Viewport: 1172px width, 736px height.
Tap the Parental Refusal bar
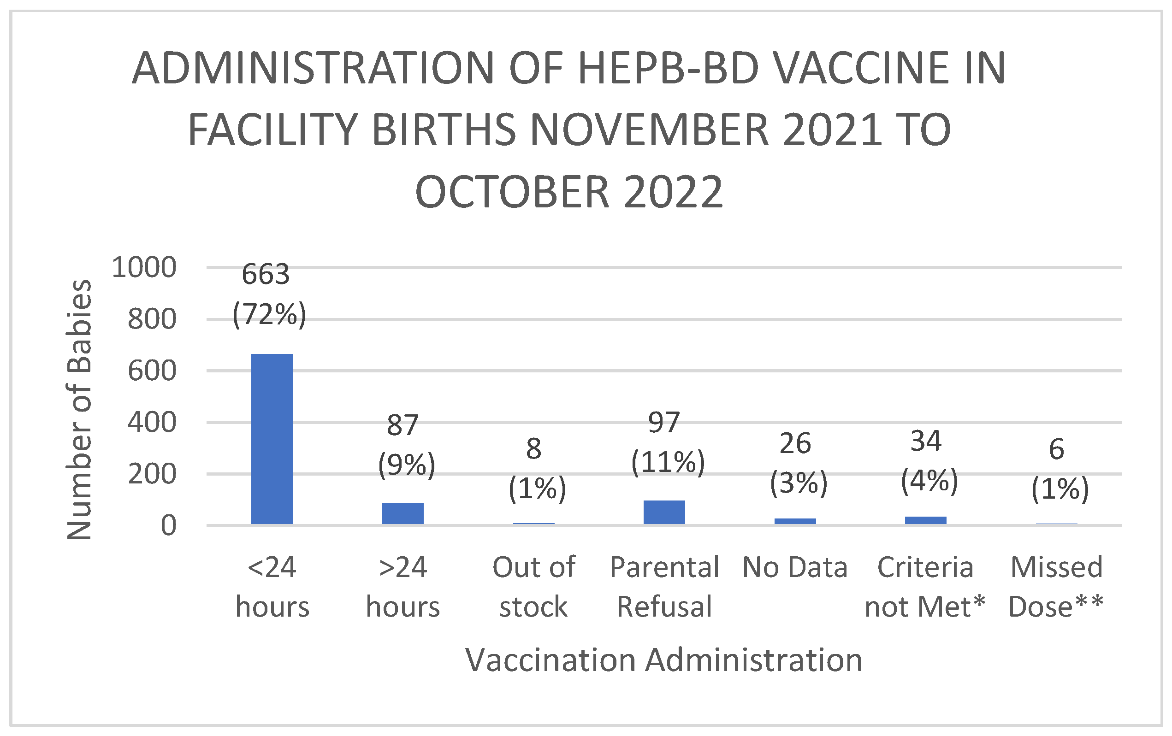664,512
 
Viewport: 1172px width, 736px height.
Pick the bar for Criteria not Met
925,520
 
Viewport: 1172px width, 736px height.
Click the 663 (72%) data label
268,294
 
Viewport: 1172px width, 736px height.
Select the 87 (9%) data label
405,445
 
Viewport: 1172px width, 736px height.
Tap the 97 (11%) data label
667,442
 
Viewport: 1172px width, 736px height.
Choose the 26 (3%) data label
798,463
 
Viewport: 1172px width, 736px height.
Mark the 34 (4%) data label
929,461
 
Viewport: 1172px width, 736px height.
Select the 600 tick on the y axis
151,371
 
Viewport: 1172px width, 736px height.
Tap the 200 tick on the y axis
151,474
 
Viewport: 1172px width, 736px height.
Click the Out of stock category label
533,587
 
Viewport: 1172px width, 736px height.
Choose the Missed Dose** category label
1056,587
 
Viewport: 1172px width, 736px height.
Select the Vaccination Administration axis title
664,660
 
